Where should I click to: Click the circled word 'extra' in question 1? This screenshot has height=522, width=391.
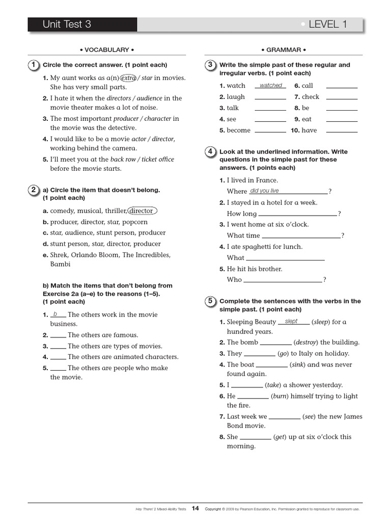click(x=129, y=77)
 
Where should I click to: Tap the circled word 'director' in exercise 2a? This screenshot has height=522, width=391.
click(x=142, y=211)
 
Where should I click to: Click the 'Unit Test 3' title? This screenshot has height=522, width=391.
click(x=67, y=24)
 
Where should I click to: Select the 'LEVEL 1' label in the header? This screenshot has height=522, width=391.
click(x=328, y=24)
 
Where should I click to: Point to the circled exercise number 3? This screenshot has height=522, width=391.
click(x=210, y=65)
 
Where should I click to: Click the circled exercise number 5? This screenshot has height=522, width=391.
click(x=210, y=301)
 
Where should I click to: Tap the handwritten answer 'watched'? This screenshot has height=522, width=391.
click(x=271, y=86)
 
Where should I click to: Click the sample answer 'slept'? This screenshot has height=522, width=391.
click(x=292, y=322)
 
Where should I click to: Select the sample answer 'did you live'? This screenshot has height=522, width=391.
click(x=265, y=191)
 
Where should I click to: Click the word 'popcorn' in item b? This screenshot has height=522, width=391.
click(x=135, y=222)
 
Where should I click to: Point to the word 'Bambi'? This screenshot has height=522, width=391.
click(x=60, y=264)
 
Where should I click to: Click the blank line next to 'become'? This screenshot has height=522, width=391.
click(x=270, y=132)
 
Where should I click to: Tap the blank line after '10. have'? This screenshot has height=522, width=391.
click(x=342, y=132)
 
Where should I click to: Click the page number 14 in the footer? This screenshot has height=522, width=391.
click(x=195, y=508)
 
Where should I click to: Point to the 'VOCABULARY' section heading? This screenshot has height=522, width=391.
click(x=107, y=50)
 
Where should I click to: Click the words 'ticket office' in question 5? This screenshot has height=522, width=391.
click(x=158, y=159)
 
